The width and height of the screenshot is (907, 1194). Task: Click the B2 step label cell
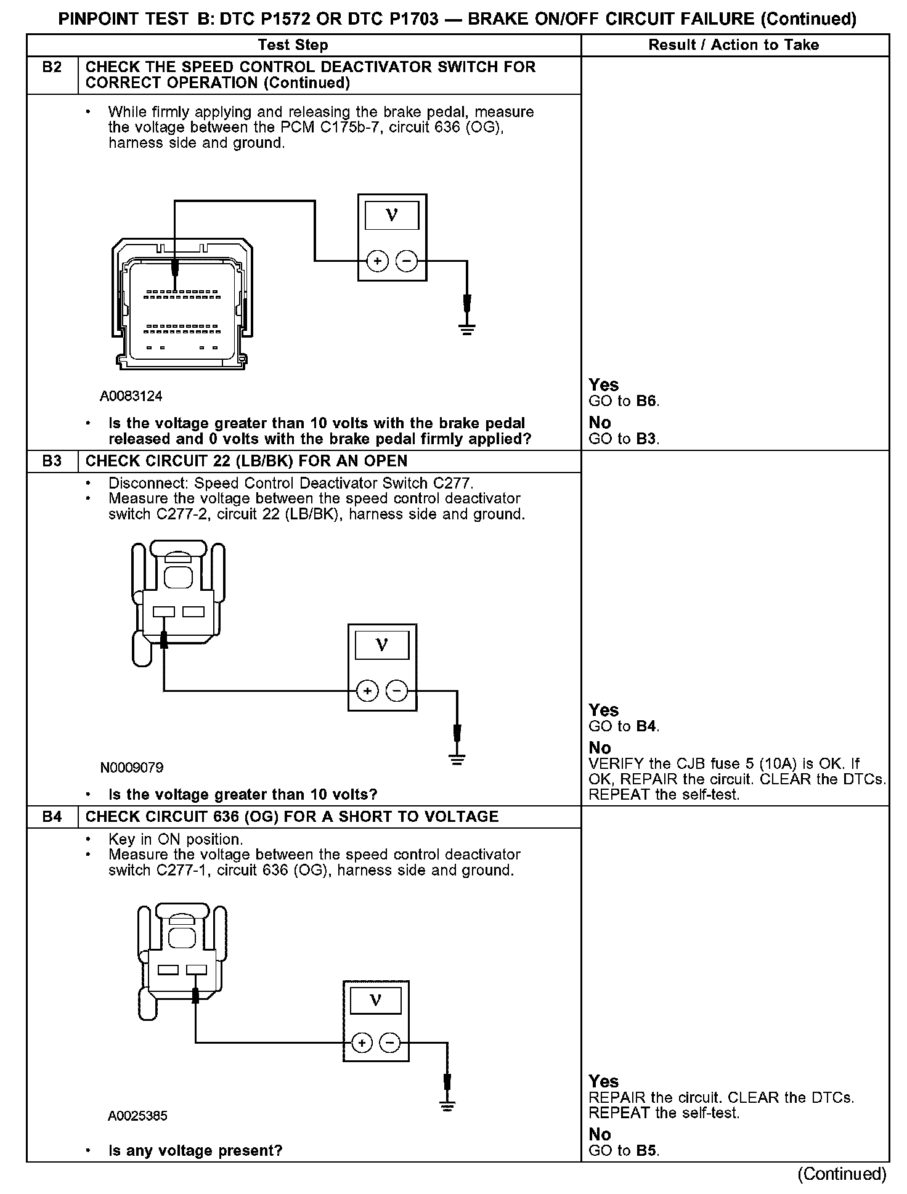(x=52, y=68)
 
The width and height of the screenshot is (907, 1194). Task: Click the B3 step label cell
(x=52, y=461)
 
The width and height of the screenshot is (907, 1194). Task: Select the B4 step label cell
(x=52, y=816)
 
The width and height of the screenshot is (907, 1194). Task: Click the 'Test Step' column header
(x=293, y=45)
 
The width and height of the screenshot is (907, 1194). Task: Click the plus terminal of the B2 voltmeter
(x=377, y=261)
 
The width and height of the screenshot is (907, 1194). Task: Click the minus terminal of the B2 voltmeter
(x=405, y=261)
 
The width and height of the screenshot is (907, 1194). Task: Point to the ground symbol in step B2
(x=467, y=329)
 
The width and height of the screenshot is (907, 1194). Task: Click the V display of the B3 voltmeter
(x=382, y=646)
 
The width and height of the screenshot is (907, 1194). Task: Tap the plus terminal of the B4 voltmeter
(x=362, y=1043)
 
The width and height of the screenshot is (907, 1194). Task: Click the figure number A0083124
(x=131, y=396)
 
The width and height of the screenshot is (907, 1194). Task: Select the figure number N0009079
(x=131, y=768)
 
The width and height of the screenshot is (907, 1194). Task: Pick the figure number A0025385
(x=137, y=1116)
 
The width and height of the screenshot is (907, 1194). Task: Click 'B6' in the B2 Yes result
(x=647, y=402)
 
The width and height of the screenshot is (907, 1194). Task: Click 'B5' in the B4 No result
(x=647, y=1151)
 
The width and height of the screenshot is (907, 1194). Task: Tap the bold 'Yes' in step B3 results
(x=603, y=710)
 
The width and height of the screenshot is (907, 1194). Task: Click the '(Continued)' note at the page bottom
(x=842, y=1174)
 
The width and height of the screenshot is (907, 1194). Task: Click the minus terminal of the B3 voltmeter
(x=396, y=691)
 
